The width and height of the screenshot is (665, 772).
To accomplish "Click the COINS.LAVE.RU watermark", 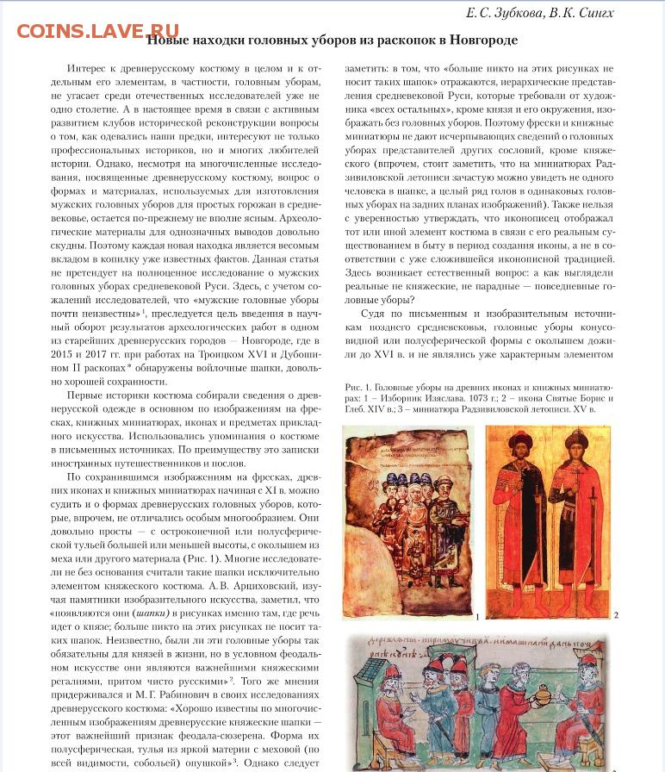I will [x=97, y=32].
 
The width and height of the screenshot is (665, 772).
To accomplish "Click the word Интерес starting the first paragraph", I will [x=90, y=68].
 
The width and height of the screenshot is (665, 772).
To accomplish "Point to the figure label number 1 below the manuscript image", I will [x=476, y=618].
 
